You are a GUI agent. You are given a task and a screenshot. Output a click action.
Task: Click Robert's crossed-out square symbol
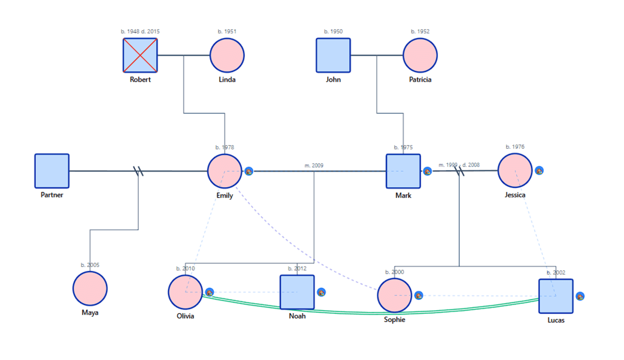point(140,55)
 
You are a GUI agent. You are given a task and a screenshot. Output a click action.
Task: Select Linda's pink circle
point(227,55)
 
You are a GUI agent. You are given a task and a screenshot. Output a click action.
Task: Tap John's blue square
point(333,55)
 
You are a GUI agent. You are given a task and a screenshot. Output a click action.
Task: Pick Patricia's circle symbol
point(420,55)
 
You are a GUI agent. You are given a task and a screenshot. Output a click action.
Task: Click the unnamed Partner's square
point(52,171)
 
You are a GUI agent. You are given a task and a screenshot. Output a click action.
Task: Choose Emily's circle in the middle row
point(225,171)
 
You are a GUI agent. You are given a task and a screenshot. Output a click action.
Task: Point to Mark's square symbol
point(403,171)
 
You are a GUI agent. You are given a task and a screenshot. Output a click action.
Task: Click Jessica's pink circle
point(515,170)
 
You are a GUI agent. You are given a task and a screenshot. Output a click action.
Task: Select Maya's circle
point(90,288)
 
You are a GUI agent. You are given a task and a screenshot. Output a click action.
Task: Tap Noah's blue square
point(297,292)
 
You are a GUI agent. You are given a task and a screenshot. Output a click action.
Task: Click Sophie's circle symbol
point(394,295)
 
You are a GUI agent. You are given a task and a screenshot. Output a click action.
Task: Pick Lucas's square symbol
point(555,296)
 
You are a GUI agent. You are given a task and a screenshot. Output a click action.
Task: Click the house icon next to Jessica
point(539,170)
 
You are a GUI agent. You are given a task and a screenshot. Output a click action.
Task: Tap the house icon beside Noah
point(321,292)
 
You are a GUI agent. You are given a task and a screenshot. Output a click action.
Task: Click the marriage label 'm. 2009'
point(314,165)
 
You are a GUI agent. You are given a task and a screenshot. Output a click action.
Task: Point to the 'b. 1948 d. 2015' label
point(140,32)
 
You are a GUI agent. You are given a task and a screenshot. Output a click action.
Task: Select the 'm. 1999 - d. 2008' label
point(459,165)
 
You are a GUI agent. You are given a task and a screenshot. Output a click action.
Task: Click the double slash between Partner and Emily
point(138,171)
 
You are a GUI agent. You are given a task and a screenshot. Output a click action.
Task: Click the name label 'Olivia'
point(185,316)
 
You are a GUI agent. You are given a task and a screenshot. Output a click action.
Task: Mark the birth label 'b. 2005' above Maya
point(90,265)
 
